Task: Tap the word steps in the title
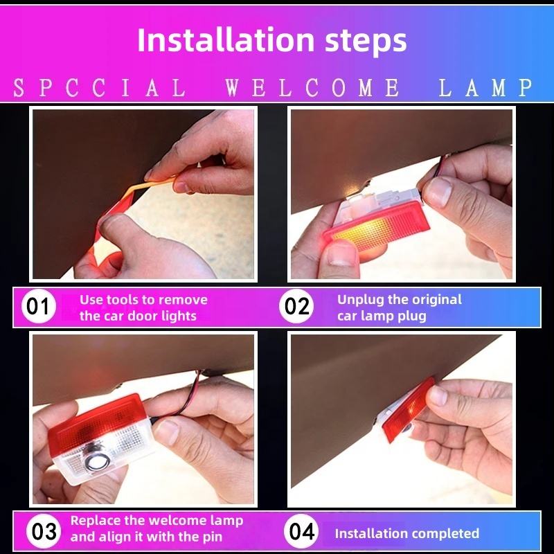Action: pyautogui.click(x=366, y=41)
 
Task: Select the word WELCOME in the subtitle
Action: pyautogui.click(x=313, y=88)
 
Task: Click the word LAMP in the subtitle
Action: pyautogui.click(x=485, y=88)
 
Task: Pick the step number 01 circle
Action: pyautogui.click(x=38, y=306)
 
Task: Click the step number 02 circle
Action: pyautogui.click(x=296, y=306)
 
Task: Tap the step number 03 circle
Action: pyautogui.click(x=44, y=531)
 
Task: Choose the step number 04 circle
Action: pyautogui.click(x=301, y=531)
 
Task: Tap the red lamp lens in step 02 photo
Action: pyautogui.click(x=378, y=226)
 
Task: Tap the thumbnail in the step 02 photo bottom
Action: pyautogui.click(x=341, y=253)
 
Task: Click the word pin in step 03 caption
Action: pyautogui.click(x=213, y=537)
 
